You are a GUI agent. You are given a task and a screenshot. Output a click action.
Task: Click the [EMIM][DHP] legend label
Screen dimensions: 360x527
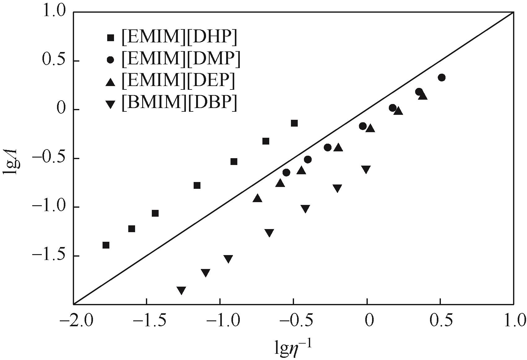[x=179, y=37]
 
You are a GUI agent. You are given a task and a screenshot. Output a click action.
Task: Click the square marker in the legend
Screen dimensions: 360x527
[x=110, y=38]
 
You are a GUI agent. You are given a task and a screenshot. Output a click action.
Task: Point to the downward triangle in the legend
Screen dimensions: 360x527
[x=110, y=104]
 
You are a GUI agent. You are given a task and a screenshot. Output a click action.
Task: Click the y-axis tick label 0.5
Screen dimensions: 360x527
[x=54, y=61]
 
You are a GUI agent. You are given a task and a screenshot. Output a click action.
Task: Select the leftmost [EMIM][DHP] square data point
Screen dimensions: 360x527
[x=106, y=245]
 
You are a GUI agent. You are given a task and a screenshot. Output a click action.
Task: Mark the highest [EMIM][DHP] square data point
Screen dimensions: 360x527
[x=294, y=123]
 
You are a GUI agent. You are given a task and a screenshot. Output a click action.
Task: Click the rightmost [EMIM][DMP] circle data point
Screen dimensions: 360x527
[x=442, y=77]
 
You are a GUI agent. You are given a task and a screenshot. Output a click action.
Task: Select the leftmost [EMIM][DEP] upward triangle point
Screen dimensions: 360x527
[x=257, y=198]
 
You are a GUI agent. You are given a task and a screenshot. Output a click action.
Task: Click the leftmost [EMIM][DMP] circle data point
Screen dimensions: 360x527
[x=287, y=172]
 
